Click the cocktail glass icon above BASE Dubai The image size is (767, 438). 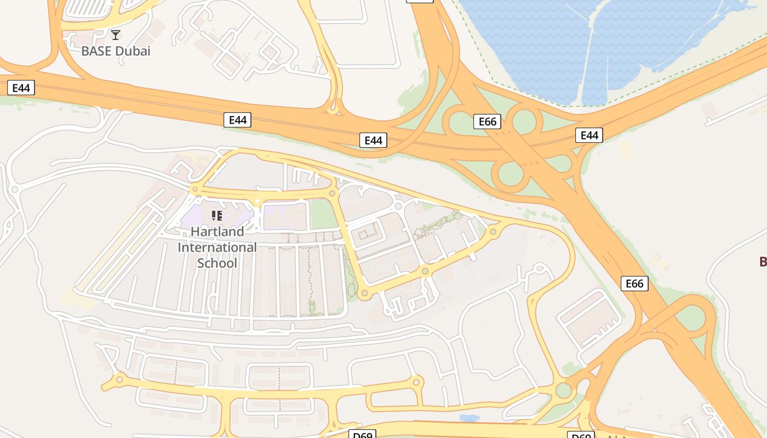116,35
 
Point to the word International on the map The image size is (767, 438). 217,247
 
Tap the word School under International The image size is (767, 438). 217,263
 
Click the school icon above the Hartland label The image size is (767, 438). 217,215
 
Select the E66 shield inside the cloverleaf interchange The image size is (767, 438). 487,121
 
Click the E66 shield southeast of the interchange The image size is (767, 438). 634,283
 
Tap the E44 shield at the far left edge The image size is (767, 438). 21,88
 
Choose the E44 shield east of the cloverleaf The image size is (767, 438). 589,135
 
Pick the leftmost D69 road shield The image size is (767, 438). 363,435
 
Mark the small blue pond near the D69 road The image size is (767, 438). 468,418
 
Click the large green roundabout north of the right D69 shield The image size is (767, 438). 563,390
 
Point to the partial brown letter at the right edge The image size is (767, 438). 763,261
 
